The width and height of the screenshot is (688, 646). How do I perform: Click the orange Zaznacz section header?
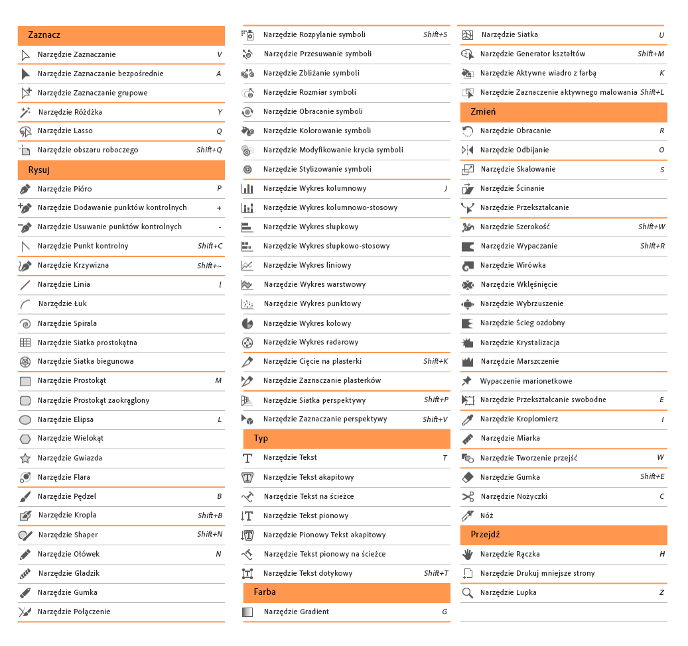tap(121, 35)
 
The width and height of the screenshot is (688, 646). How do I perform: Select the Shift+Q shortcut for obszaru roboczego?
tap(209, 150)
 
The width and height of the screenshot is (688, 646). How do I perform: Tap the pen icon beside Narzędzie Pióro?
tap(25, 189)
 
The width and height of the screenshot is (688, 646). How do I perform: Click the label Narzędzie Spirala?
tap(67, 323)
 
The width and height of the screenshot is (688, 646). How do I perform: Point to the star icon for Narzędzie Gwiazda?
tap(25, 458)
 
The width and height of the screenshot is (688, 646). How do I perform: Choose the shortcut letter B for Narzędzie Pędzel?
tap(219, 496)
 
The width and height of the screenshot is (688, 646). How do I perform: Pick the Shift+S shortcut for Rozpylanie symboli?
tap(435, 34)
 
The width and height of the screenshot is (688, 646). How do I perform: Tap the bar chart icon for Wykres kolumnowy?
tap(247, 189)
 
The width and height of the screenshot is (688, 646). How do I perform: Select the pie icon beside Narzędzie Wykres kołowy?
tap(247, 323)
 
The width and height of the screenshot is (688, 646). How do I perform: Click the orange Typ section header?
tap(346, 439)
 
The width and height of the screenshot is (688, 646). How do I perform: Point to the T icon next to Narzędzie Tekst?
tap(247, 458)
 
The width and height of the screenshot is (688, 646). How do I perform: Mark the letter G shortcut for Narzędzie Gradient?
tap(445, 612)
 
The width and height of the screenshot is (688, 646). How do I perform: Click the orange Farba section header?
tap(346, 592)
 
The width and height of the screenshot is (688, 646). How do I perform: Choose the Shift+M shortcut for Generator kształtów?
tap(651, 54)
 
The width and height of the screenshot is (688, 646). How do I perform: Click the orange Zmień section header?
tap(563, 112)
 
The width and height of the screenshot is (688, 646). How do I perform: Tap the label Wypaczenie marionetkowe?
tap(525, 381)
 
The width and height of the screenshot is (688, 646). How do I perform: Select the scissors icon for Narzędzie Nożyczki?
tap(468, 496)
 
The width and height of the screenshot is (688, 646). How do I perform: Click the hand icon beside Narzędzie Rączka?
tap(468, 554)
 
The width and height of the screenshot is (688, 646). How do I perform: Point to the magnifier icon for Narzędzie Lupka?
tap(468, 592)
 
